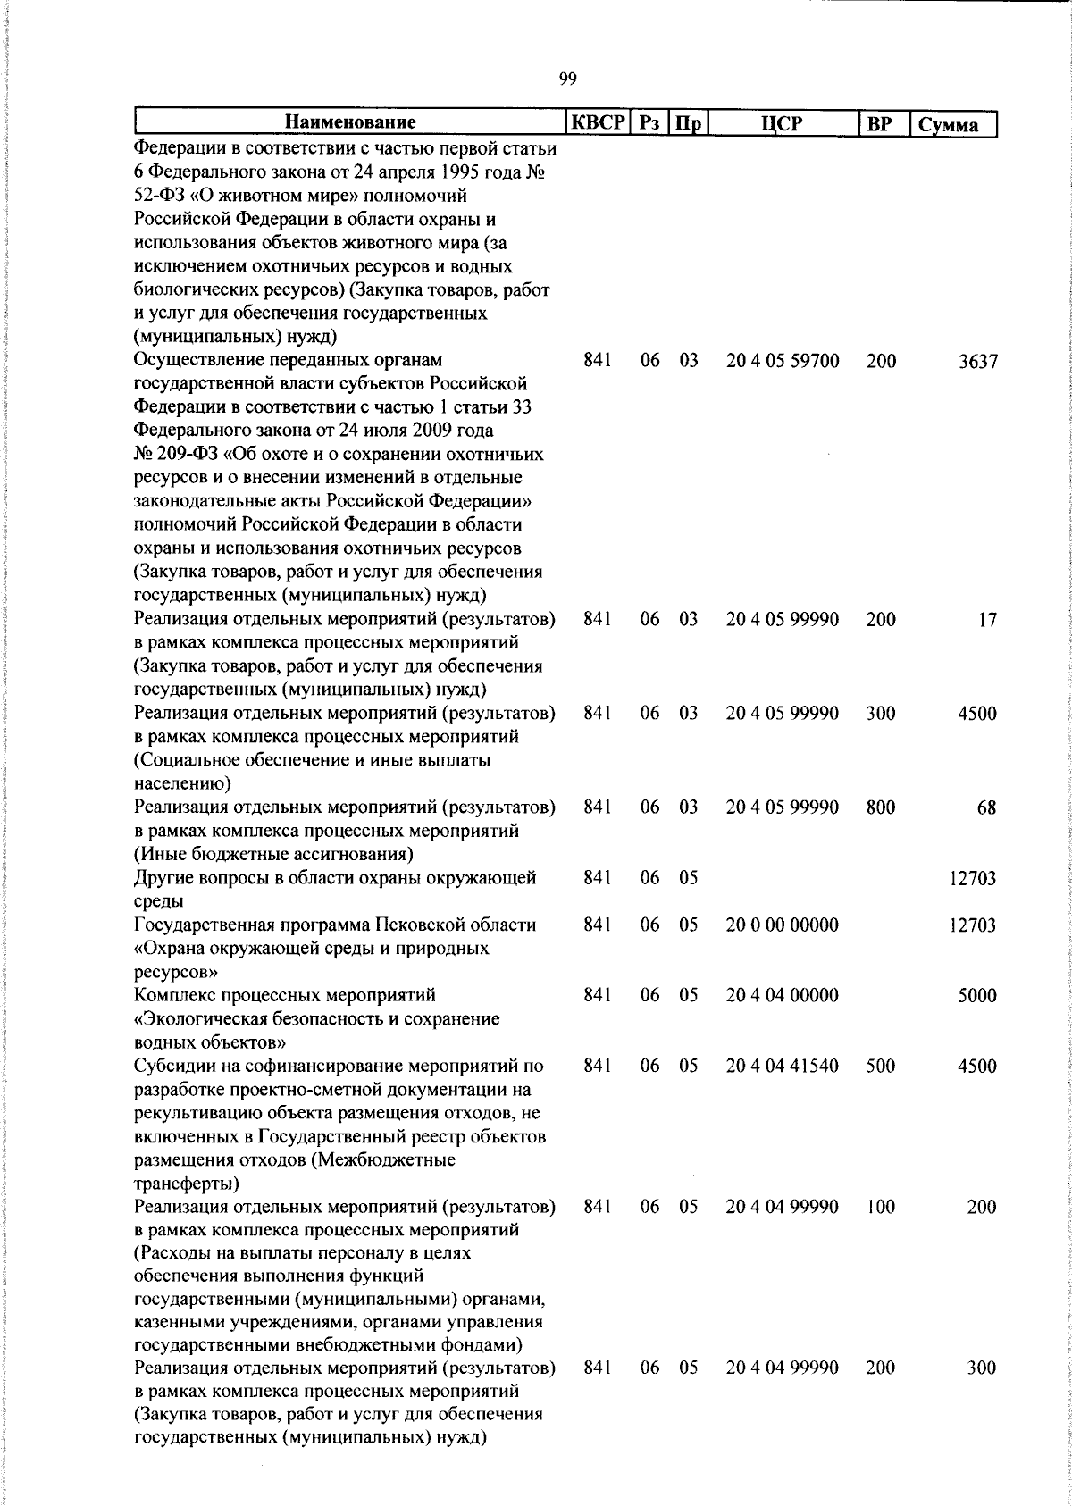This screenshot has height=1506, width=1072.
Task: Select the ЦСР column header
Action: click(783, 123)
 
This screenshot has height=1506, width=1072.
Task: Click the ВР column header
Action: click(880, 123)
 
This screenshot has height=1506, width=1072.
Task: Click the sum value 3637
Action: click(977, 362)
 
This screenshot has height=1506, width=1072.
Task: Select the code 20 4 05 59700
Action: click(783, 361)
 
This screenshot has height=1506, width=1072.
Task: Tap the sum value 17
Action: click(986, 620)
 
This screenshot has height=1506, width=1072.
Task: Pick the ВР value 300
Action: click(880, 714)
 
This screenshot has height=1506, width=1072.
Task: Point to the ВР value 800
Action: click(880, 807)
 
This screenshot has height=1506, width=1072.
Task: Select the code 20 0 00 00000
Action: click(783, 925)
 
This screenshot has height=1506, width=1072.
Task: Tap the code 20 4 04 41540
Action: click(783, 1067)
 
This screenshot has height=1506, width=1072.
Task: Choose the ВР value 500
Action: click(880, 1067)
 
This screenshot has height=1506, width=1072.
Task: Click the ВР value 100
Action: click(880, 1208)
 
